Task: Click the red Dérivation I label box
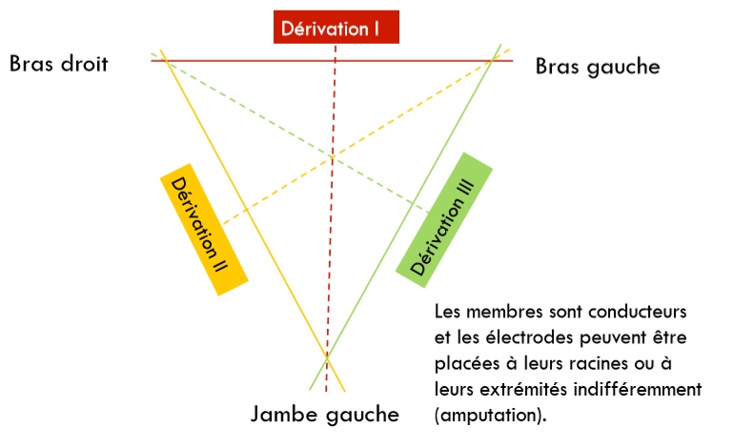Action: [x=335, y=28]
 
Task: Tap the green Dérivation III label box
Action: [x=444, y=214]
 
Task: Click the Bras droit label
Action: [x=59, y=64]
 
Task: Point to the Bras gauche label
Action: [x=597, y=67]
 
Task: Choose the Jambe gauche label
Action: [x=324, y=415]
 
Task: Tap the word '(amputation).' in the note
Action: [x=487, y=416]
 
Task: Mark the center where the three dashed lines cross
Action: [x=332, y=157]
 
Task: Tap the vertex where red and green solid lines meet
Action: [x=492, y=60]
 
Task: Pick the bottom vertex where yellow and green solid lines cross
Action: [x=327, y=357]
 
